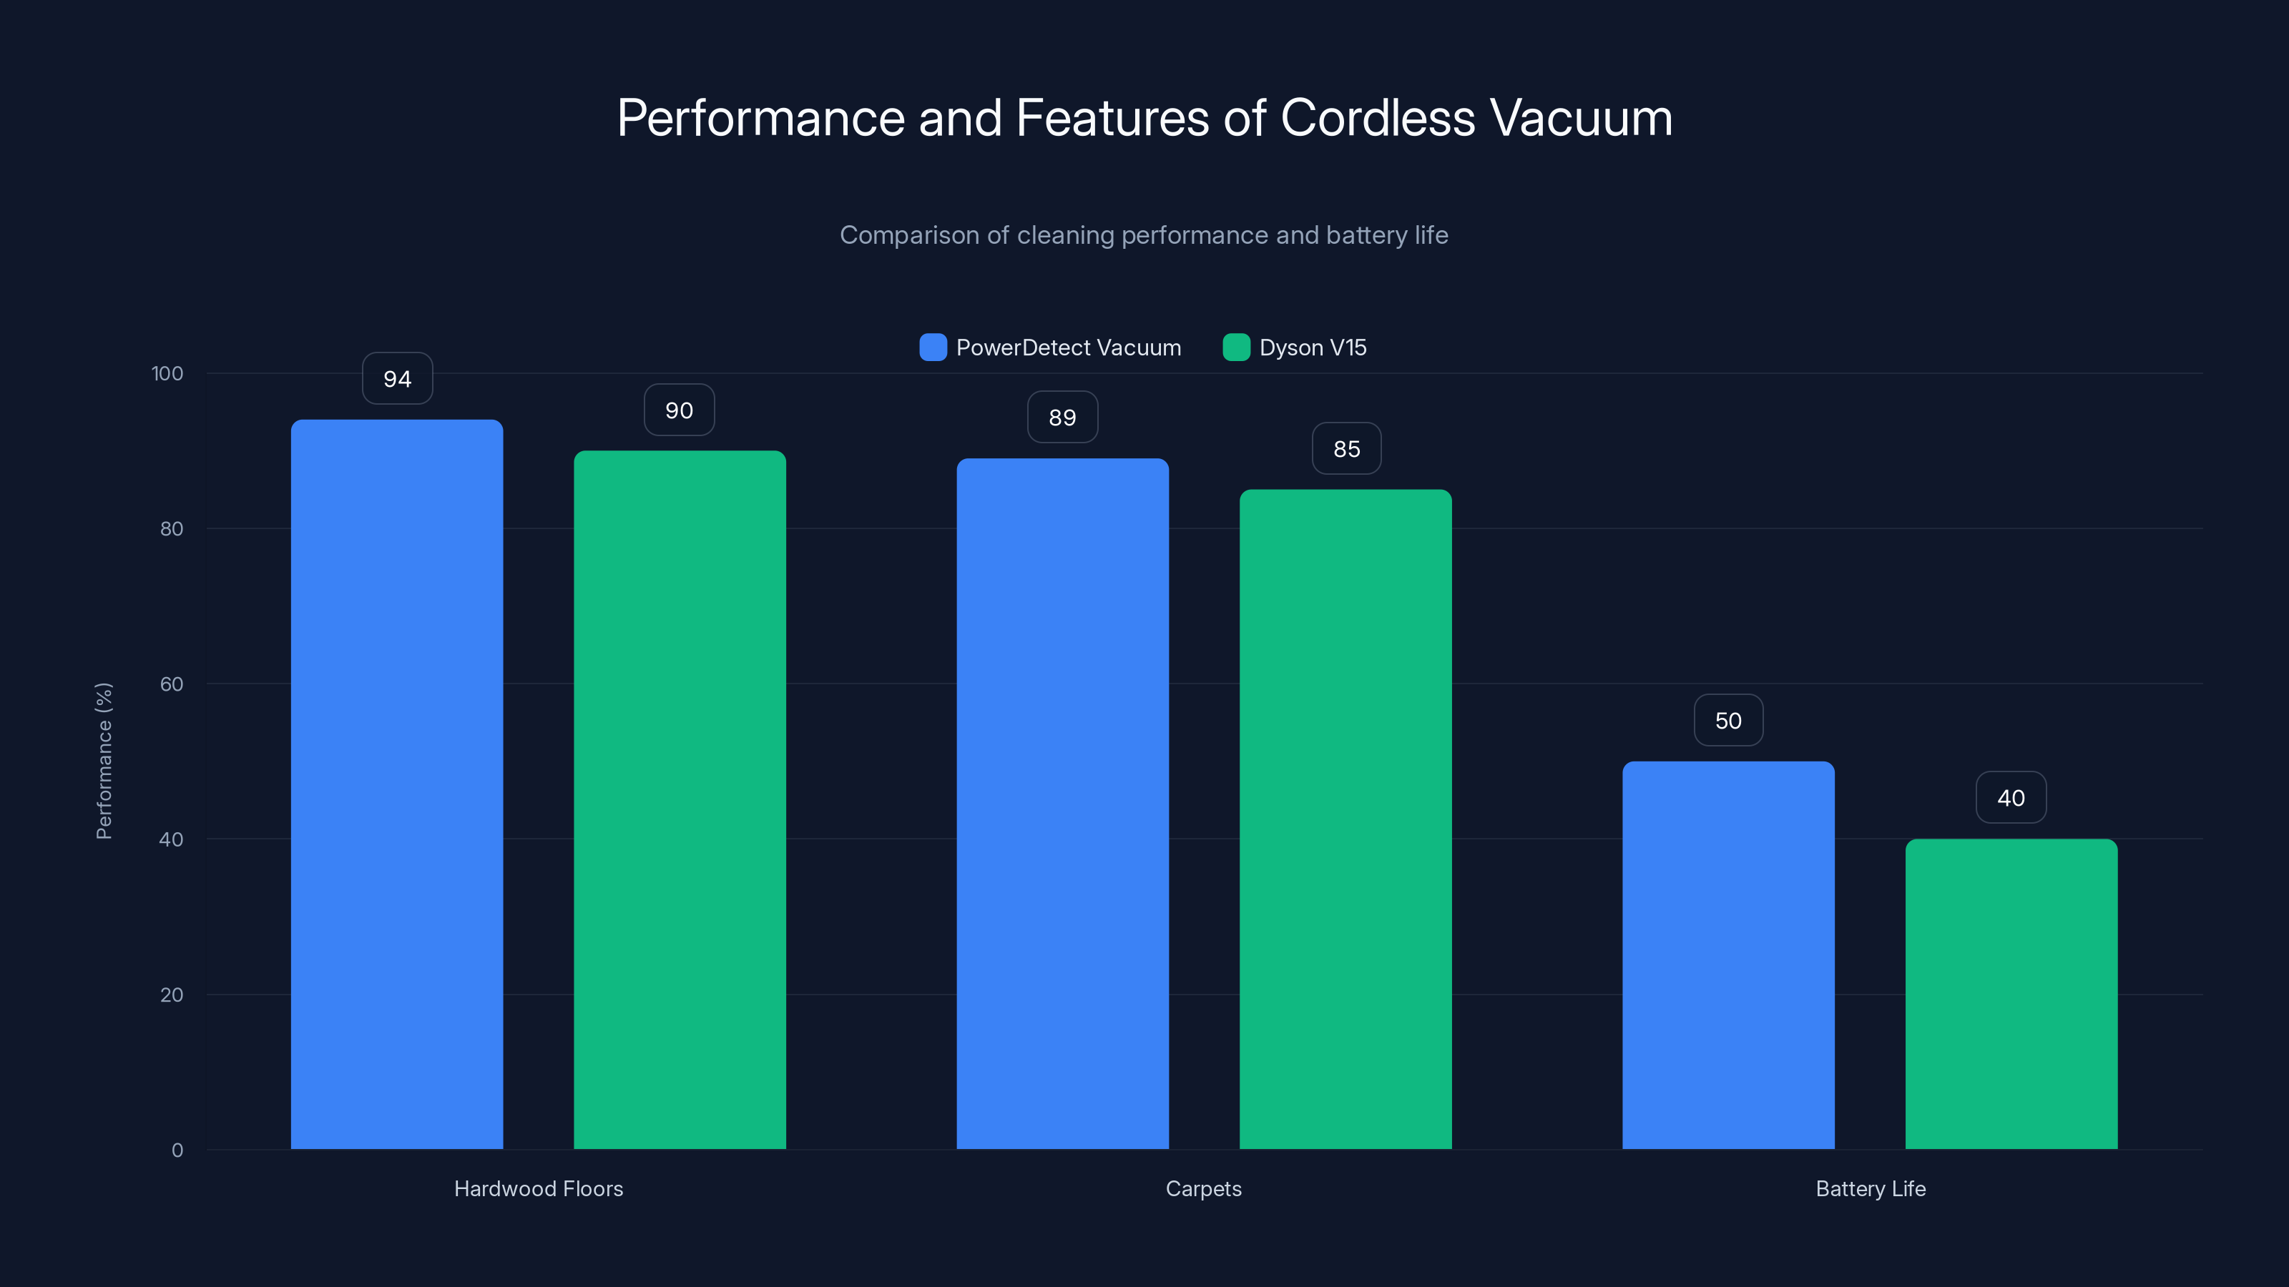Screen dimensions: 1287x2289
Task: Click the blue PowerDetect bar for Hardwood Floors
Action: click(396, 784)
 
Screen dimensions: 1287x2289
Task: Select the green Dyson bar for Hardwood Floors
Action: click(680, 799)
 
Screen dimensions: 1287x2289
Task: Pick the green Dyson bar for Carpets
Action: click(1346, 819)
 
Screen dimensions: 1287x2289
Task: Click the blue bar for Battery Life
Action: click(1728, 955)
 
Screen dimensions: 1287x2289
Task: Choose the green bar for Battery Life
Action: click(2011, 994)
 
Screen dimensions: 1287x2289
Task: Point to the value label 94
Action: click(397, 379)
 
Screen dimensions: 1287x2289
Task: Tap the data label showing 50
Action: click(1728, 720)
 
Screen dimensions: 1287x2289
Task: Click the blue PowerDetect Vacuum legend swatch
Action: click(933, 347)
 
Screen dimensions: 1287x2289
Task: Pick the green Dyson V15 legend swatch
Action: click(1236, 347)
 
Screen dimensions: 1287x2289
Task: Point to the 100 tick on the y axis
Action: click(167, 374)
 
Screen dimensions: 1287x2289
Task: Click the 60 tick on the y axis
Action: click(172, 684)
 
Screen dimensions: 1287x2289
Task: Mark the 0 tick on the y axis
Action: click(177, 1150)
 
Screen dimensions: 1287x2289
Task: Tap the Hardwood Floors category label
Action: click(539, 1188)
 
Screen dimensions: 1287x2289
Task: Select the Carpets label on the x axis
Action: click(1203, 1188)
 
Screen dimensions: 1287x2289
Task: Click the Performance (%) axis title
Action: click(104, 761)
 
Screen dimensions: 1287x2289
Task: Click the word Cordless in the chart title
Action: click(1377, 118)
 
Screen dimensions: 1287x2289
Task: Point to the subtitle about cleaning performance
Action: click(1144, 235)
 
